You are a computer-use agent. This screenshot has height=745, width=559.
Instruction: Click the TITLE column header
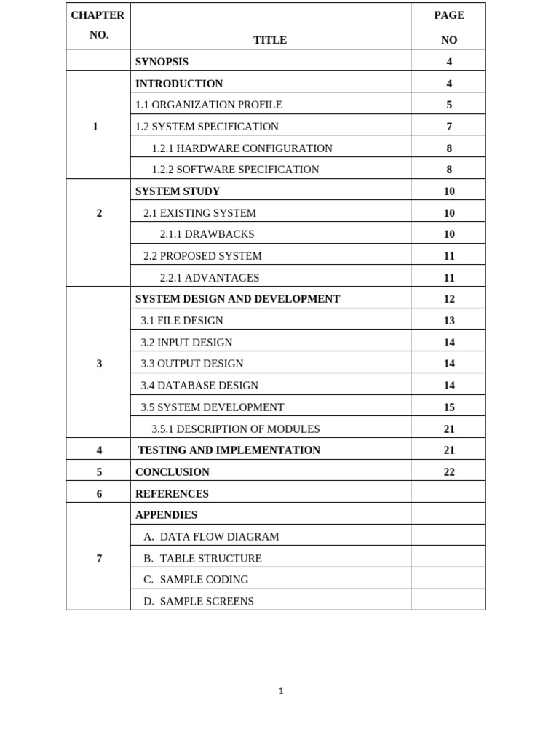270,40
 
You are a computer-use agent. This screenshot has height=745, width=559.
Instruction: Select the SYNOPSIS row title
162,62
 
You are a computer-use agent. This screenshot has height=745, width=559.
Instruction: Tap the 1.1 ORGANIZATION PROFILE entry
208,105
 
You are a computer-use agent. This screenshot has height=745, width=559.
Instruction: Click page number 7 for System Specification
449,127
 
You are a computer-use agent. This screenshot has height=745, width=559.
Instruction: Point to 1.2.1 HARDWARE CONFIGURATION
242,148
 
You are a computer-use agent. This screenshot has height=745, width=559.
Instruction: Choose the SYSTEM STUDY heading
178,191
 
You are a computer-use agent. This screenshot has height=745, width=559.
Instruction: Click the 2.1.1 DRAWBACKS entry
207,234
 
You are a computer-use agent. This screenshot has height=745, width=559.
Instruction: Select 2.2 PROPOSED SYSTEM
202,256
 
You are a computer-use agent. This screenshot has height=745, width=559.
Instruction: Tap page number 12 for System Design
449,299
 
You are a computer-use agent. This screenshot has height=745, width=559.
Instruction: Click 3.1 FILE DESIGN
182,321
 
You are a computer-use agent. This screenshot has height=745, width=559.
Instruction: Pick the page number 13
449,321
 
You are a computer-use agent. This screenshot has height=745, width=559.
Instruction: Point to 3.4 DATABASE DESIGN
199,386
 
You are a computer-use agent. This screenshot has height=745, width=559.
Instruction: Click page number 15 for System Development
449,407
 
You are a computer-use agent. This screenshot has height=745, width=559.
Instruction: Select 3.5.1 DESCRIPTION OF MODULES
236,429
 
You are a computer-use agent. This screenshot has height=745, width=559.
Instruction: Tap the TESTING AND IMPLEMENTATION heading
229,450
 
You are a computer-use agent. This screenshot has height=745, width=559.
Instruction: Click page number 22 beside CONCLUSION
449,472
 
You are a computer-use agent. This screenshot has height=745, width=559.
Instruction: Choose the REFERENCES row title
172,494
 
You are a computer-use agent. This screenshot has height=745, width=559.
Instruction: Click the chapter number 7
99,559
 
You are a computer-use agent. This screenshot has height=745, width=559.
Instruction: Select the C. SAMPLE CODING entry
196,580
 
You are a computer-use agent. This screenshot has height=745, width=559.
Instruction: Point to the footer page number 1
281,691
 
